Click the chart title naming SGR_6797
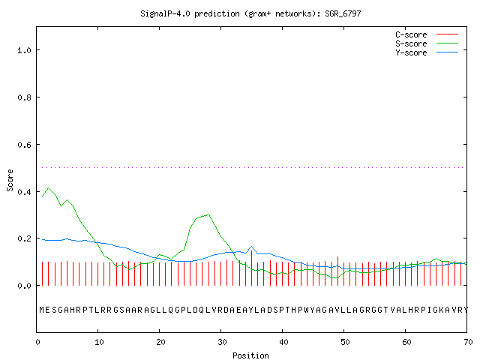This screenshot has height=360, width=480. (x=250, y=13)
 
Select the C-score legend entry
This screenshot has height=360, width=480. (x=427, y=34)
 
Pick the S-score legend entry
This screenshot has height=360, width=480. (x=427, y=43)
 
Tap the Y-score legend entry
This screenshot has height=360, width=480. (x=427, y=52)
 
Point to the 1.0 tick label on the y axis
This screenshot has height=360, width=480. (x=24, y=50)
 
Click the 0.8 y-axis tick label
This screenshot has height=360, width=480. (x=24, y=97)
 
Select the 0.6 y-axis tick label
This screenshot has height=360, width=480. (x=24, y=145)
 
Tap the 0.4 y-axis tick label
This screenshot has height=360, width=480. (x=24, y=192)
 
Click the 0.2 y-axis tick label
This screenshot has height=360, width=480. (x=24, y=238)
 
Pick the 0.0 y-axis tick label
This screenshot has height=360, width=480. (x=24, y=286)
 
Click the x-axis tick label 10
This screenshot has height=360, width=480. (x=99, y=342)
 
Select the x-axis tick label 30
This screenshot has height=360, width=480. (x=222, y=342)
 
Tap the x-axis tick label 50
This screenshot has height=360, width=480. (x=345, y=342)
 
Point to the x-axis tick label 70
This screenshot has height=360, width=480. (x=468, y=342)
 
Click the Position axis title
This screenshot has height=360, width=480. (x=250, y=355)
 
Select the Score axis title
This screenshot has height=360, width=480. (x=10, y=181)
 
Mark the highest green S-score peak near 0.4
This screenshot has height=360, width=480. (x=48, y=187)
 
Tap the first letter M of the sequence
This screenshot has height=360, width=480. (x=42, y=310)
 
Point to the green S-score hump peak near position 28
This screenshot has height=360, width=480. (x=208, y=214)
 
